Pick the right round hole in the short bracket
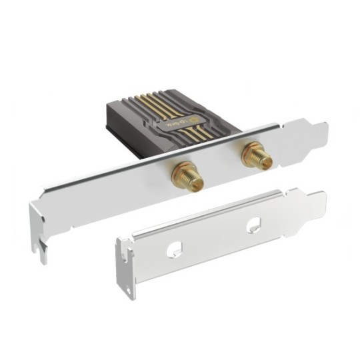pyautogui.click(x=253, y=226)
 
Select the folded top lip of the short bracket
pyautogui.click(x=213, y=213)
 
